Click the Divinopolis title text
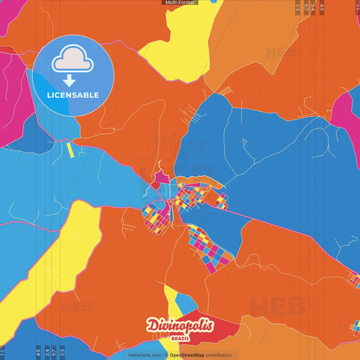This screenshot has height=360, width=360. click(x=180, y=326)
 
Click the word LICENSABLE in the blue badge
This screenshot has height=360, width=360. click(x=73, y=95)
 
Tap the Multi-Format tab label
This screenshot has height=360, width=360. click(x=180, y=3)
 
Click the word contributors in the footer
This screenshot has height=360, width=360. click(x=219, y=355)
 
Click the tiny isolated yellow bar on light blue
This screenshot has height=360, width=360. click(x=70, y=150)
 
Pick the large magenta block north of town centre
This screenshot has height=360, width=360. click(x=160, y=178)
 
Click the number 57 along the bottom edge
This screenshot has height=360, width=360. click(x=54, y=352)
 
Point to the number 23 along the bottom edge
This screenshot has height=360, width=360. click(x=63, y=352)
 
